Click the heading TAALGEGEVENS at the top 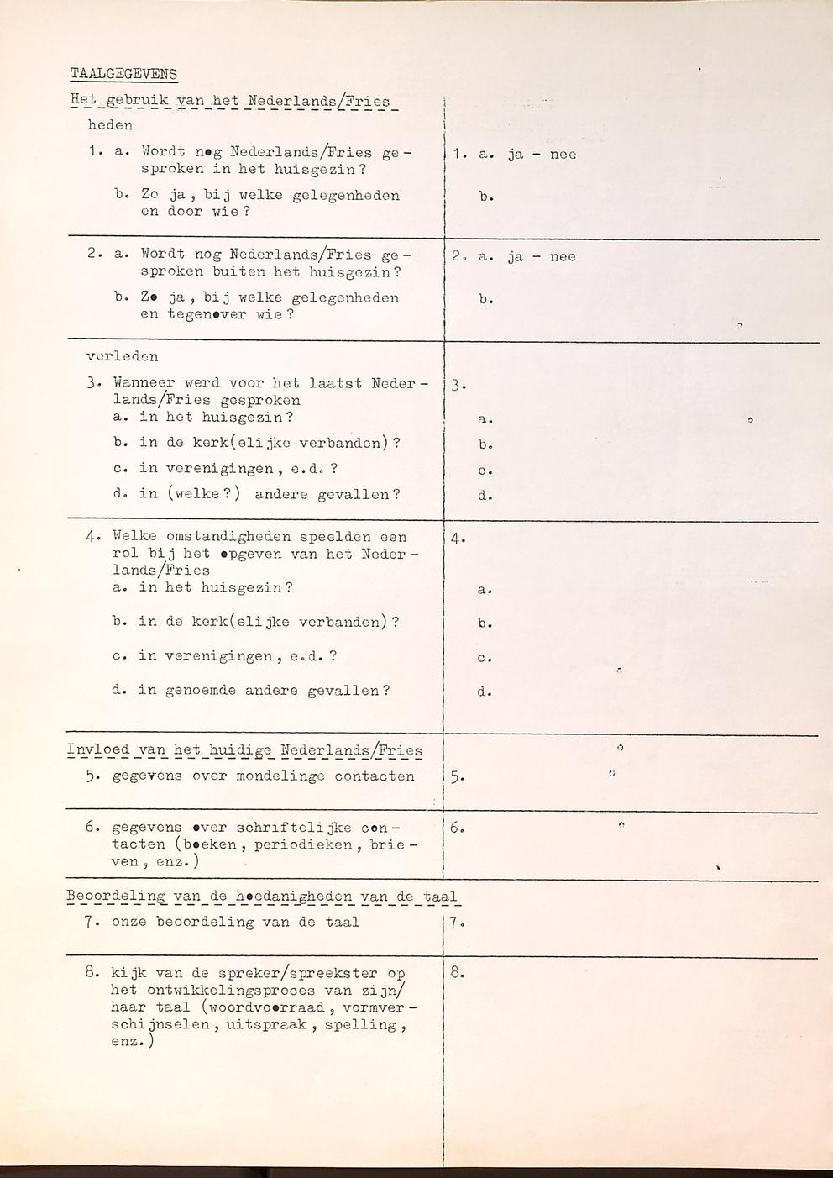pos(123,74)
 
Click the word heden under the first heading pos(110,125)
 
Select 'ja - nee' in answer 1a pos(542,155)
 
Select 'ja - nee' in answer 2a pos(542,257)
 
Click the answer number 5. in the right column pos(456,777)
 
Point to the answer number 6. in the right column pos(457,828)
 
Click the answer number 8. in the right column pos(457,974)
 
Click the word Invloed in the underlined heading pos(98,750)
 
